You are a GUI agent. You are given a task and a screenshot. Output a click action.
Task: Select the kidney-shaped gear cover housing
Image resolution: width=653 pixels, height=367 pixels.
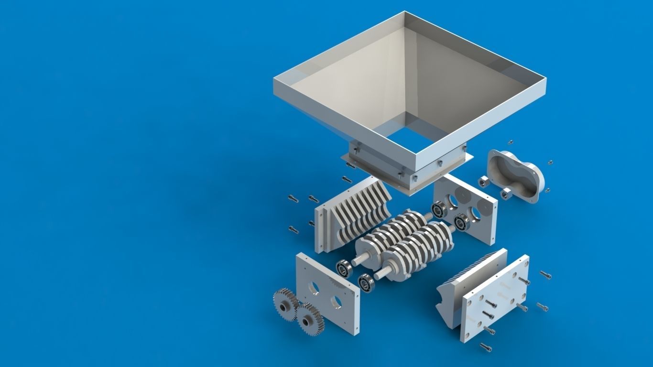pos(515,175)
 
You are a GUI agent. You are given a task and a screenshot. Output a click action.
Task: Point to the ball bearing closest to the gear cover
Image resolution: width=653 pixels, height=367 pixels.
pos(462,222)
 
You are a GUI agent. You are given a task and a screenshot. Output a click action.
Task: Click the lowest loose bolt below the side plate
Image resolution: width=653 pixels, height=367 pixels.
pos(485,346)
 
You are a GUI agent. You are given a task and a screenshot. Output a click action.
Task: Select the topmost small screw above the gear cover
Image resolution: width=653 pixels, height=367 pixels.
pos(510,142)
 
